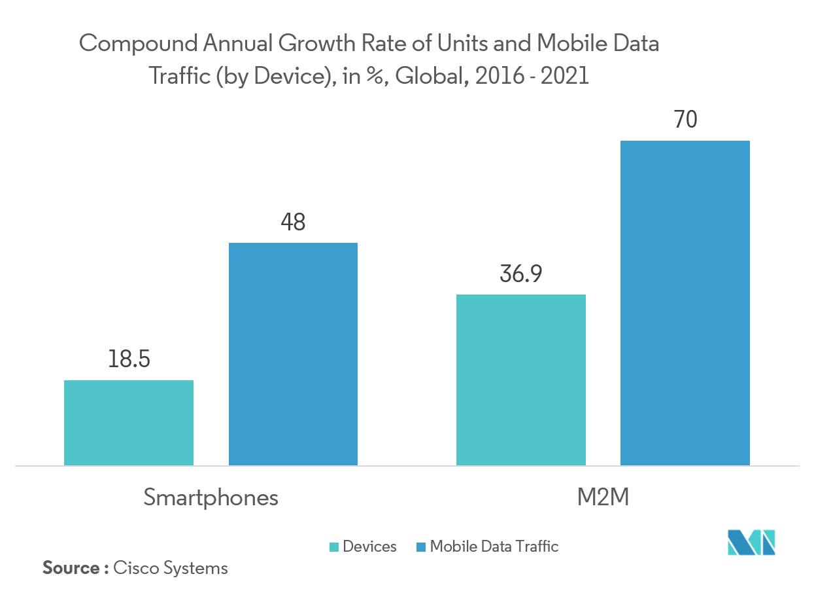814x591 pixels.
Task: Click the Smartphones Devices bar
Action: (129, 423)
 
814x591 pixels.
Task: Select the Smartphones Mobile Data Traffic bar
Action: (293, 354)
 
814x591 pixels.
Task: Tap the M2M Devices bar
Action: (520, 380)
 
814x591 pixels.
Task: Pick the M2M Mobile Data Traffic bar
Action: (685, 303)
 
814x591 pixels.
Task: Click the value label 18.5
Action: (129, 359)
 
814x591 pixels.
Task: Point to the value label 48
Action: (293, 223)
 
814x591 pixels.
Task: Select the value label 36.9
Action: (520, 274)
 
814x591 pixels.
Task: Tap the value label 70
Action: (685, 120)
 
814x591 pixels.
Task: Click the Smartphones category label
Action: (211, 497)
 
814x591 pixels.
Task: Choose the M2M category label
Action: (603, 497)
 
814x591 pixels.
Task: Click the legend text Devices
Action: (370, 547)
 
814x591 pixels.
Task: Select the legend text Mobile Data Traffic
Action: (494, 547)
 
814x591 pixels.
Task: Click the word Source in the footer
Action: (71, 568)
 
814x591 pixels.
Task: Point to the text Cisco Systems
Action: (171, 568)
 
